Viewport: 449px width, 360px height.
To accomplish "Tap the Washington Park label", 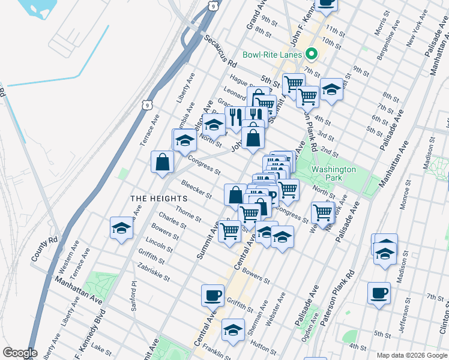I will [x=334, y=174].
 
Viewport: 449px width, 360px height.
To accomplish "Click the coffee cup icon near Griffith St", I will [x=212, y=295].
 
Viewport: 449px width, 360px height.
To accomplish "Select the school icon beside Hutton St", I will [x=233, y=329].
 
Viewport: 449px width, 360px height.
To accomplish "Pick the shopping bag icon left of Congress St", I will [x=162, y=161].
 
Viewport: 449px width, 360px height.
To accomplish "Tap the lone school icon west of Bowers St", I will [x=121, y=229].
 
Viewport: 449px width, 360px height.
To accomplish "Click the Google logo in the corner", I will [x=19, y=353].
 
